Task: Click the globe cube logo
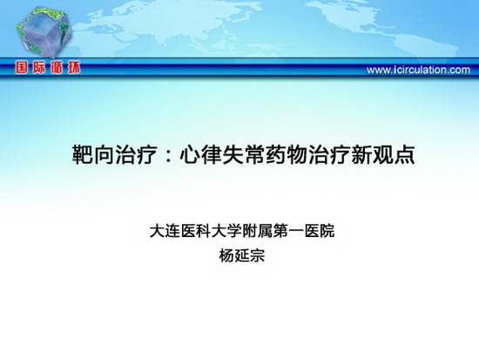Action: (44, 32)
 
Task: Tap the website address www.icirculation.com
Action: (418, 70)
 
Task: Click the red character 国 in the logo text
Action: (22, 67)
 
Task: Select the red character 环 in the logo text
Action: (74, 67)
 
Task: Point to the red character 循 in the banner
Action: (57, 67)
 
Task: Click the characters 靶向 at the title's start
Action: (93, 154)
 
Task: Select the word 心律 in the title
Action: (200, 154)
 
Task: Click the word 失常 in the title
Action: (244, 154)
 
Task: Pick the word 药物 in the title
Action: (287, 154)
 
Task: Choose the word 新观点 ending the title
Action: (383, 154)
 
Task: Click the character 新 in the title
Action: (361, 154)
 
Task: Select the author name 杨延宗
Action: (241, 255)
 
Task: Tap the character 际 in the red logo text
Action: (39, 67)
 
